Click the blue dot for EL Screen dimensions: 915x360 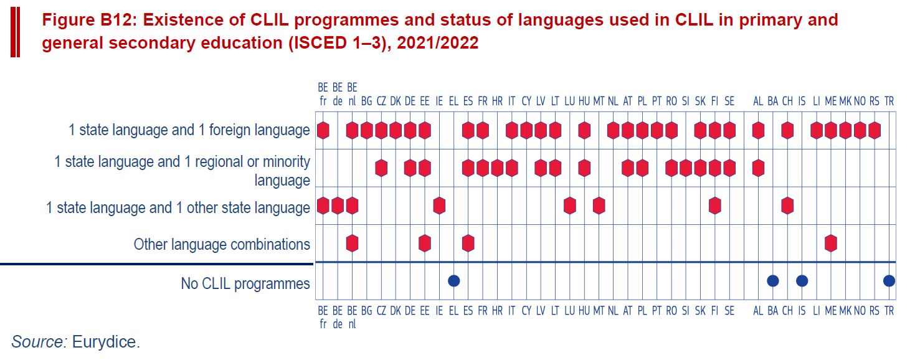(454, 281)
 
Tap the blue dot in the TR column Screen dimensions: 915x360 (889, 281)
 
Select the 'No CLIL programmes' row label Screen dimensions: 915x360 (245, 283)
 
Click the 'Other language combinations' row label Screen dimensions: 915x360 (222, 244)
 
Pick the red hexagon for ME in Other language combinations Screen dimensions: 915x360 (831, 244)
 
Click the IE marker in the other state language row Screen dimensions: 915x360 (439, 206)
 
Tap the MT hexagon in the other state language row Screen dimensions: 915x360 (599, 206)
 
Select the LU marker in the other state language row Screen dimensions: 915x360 (570, 206)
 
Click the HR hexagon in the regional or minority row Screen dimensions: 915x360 (497, 168)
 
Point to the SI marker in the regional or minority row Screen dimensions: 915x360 (686, 168)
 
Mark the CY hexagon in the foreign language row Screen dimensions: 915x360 (526, 131)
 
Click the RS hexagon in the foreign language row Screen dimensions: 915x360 (875, 131)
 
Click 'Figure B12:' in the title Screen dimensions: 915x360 (89, 20)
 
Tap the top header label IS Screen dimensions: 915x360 (802, 101)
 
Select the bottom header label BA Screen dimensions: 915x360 (773, 311)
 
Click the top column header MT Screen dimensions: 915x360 (599, 101)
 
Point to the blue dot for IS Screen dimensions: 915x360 (802, 281)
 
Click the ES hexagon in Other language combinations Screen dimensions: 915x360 (468, 244)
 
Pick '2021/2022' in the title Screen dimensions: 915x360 (437, 43)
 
